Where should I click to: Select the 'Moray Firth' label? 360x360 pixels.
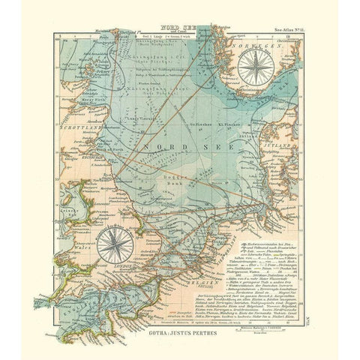(77, 100)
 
